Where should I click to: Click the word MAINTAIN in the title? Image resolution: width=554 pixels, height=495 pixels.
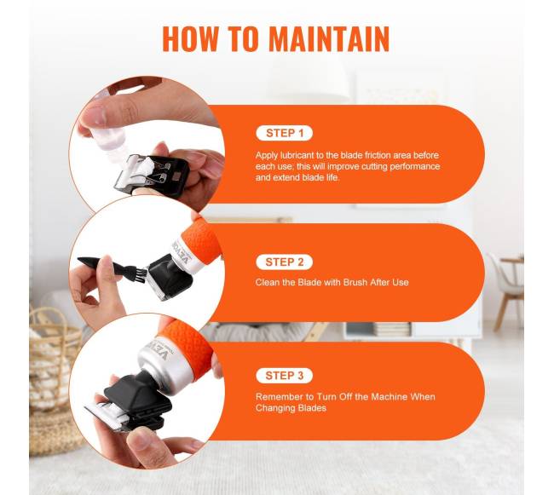click(x=329, y=38)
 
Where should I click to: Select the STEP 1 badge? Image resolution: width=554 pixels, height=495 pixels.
click(x=285, y=133)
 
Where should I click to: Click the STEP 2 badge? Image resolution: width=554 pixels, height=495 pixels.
click(x=285, y=262)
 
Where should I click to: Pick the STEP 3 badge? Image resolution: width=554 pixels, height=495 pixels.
click(x=285, y=376)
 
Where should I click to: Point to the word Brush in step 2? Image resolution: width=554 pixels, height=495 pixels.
click(x=355, y=282)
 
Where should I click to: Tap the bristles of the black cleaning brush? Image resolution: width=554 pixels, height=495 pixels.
click(x=139, y=274)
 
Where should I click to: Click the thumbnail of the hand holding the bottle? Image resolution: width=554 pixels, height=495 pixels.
click(x=95, y=115)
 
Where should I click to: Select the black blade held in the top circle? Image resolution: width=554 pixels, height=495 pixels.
click(x=153, y=176)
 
